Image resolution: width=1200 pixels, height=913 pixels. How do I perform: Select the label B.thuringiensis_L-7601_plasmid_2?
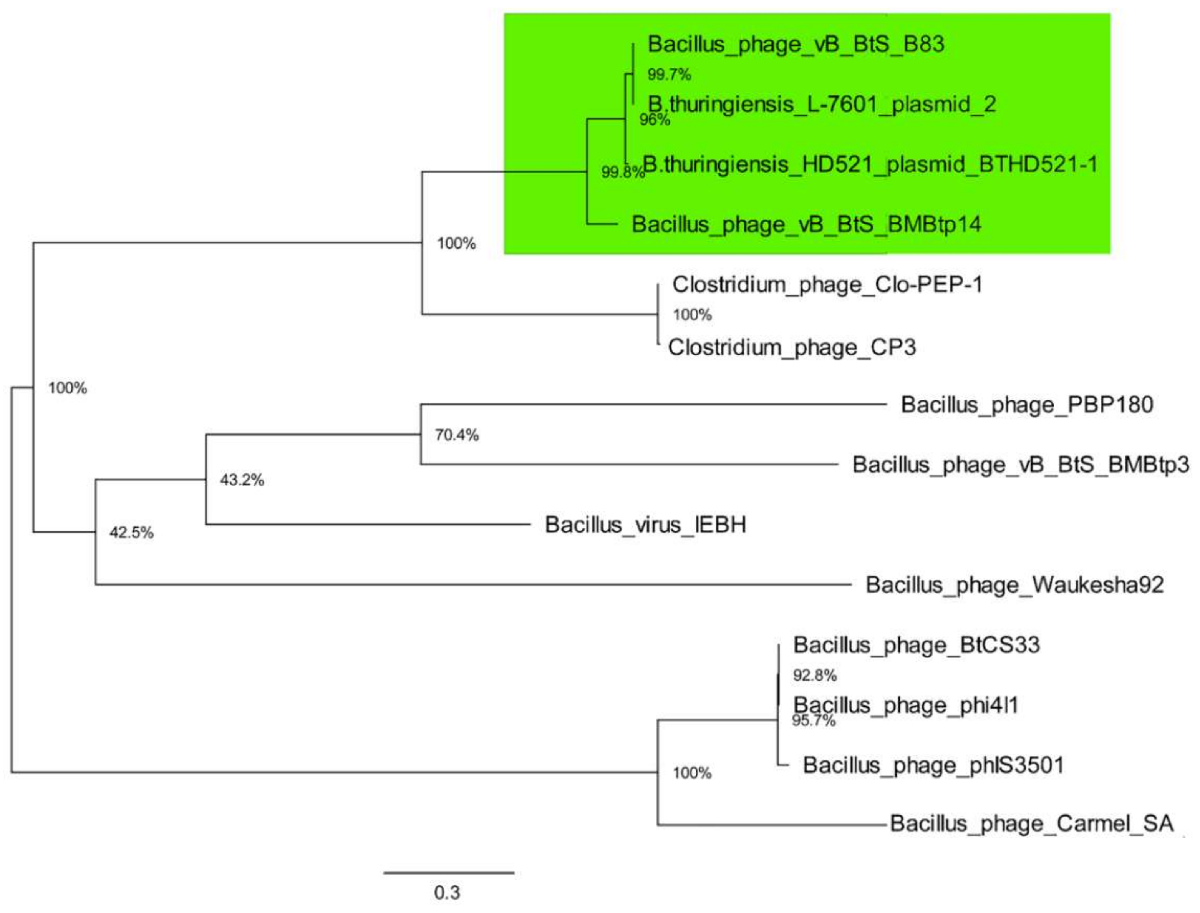tap(822, 104)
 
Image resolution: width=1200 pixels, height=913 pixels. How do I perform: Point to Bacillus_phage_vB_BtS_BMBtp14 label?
tap(806, 224)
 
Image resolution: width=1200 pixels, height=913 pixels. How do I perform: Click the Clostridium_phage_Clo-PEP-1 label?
tap(827, 284)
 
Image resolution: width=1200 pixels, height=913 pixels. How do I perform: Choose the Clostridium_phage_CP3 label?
tap(792, 347)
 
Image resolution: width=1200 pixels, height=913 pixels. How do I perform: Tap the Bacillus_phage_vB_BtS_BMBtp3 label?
tap(1020, 465)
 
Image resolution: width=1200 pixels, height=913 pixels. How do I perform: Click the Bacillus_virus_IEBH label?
tap(645, 525)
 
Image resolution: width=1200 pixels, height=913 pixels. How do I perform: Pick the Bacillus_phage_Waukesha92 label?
tap(1014, 585)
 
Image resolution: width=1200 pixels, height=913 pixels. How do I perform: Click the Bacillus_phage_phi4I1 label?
tap(905, 705)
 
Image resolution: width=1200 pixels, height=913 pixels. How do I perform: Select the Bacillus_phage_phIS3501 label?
tap(933, 765)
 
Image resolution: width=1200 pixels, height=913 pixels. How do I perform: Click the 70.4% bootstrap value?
tap(456, 435)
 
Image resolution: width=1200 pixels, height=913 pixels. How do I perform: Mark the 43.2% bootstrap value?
tap(242, 480)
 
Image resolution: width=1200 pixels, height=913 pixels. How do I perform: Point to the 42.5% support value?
tap(131, 533)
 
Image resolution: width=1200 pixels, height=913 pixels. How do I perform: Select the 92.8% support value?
tap(814, 675)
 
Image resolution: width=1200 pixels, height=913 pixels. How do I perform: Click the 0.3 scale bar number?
tap(446, 892)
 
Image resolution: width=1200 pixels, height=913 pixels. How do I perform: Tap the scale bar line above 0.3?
tap(449, 873)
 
